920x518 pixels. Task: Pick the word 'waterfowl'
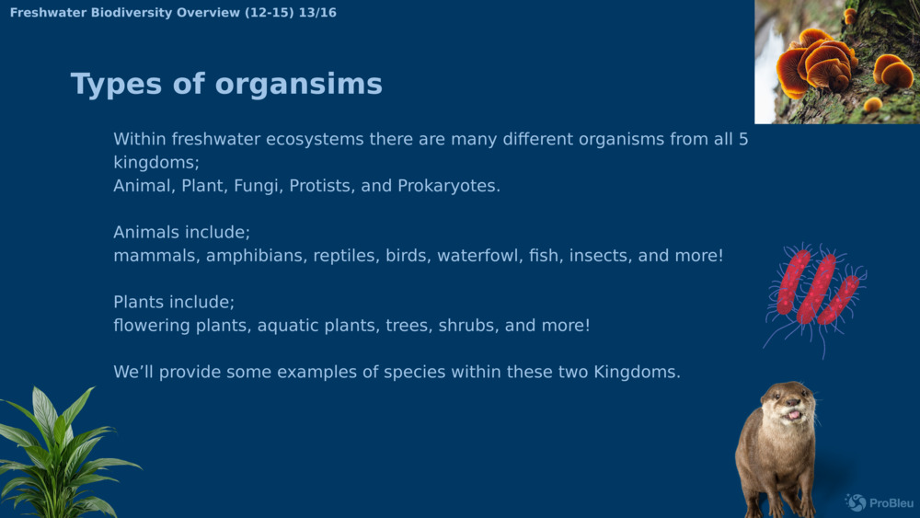tap(477, 256)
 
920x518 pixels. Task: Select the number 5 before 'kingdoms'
tap(742, 140)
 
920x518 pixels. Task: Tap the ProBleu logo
tap(879, 502)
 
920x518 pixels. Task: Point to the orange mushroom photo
tap(836, 61)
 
